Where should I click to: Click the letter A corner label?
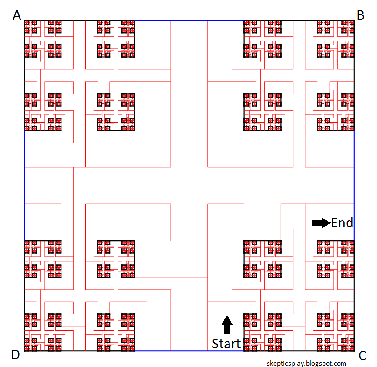(17, 15)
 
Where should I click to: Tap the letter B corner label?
(360, 15)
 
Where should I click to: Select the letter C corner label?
(362, 356)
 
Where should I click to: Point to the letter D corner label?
(16, 355)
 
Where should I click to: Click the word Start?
(226, 344)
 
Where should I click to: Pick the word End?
(342, 222)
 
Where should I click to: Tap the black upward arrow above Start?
(227, 325)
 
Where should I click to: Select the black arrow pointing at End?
(322, 223)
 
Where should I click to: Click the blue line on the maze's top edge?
(189, 21)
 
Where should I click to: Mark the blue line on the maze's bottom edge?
(189, 351)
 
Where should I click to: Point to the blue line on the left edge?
(24, 186)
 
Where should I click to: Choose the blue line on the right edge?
(354, 186)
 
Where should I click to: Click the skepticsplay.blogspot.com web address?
(306, 363)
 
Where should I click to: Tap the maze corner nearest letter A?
(24, 21)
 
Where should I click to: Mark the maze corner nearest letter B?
(354, 21)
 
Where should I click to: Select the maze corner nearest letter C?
(354, 351)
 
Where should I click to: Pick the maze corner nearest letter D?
(24, 351)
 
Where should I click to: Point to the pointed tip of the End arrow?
(330, 223)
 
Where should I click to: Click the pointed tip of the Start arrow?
(227, 315)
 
